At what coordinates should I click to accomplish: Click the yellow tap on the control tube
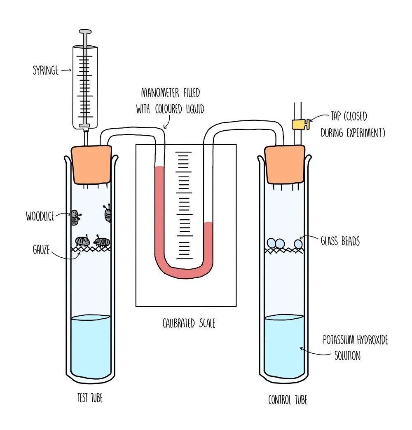(300, 123)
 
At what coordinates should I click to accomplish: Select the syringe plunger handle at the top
(85, 32)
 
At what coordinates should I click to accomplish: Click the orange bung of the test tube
(91, 164)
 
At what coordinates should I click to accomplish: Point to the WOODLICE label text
(40, 216)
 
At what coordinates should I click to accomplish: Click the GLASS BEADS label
(340, 241)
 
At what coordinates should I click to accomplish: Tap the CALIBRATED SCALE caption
(188, 323)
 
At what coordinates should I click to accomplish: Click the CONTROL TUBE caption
(288, 399)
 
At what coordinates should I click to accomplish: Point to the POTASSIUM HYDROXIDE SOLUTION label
(355, 348)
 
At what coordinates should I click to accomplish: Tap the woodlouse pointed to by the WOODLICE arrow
(75, 218)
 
